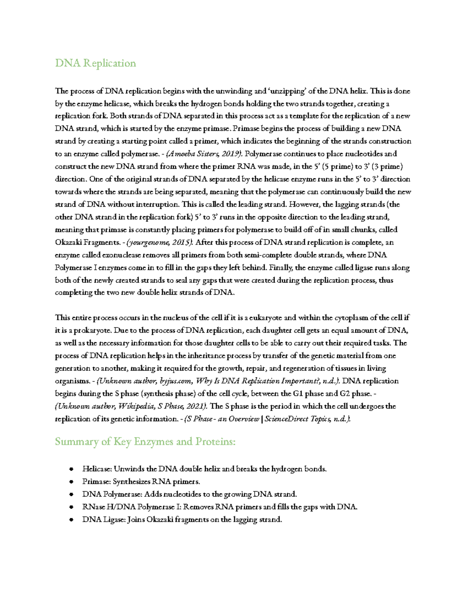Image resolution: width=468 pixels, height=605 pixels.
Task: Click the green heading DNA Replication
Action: [x=96, y=63]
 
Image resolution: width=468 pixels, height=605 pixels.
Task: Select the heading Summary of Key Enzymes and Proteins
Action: [x=145, y=441]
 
